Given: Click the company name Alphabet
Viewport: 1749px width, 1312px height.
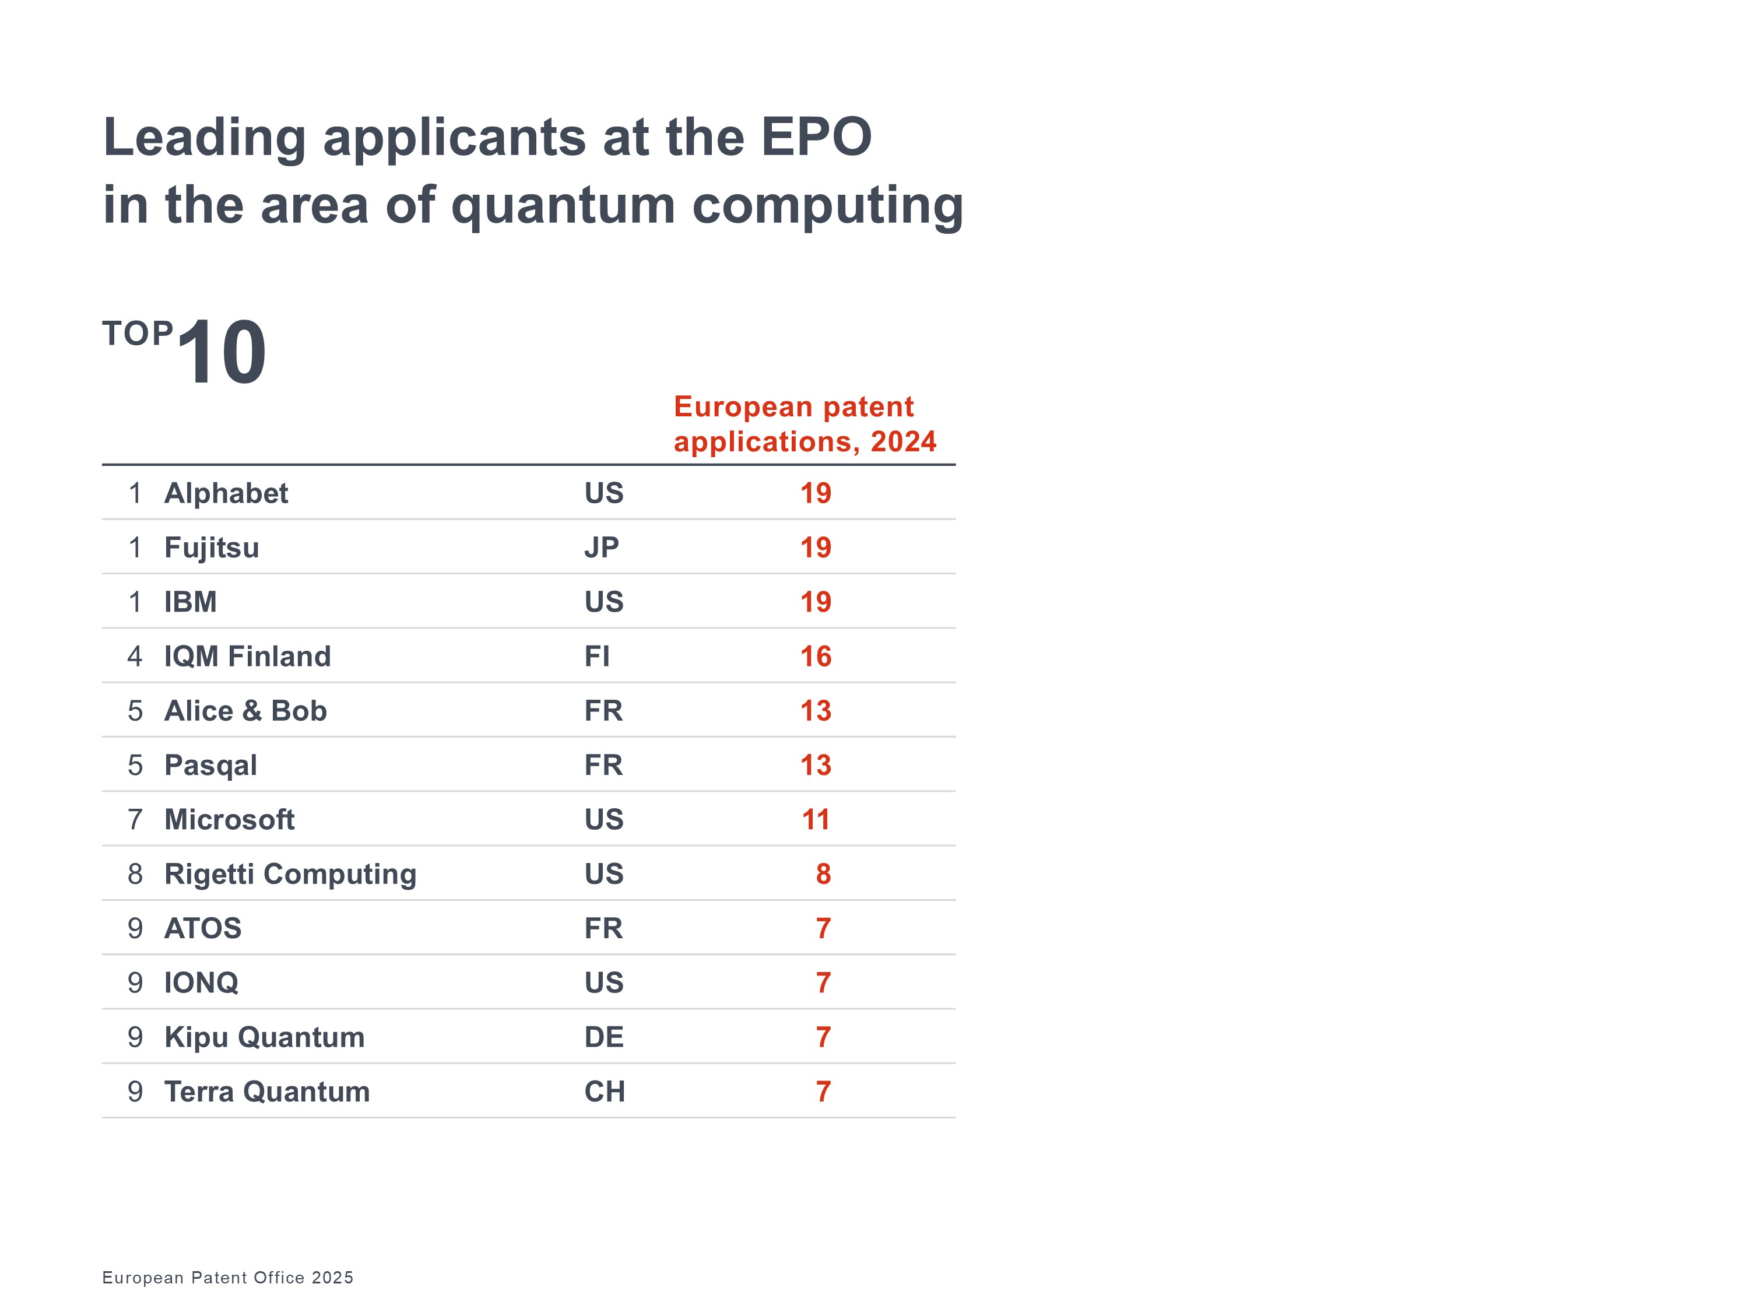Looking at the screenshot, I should tap(226, 493).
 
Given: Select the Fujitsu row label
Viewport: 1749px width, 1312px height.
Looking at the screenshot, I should tap(211, 548).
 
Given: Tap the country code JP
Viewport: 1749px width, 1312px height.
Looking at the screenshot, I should tap(601, 548).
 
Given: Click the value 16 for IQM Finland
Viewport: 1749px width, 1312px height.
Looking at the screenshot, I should tap(815, 657).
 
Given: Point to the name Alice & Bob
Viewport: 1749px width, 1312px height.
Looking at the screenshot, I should tap(245, 711).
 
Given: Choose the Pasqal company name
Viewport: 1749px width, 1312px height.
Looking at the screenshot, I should tap(210, 766).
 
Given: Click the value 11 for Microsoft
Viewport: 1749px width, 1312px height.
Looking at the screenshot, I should tap(815, 820).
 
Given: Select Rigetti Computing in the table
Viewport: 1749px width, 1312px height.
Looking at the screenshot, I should tap(290, 875).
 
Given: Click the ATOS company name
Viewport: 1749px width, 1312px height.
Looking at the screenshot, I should tap(202, 928).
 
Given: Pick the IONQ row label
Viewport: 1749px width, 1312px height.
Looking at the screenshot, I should tap(201, 983).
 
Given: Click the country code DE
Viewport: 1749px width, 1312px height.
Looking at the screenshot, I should tap(603, 1037).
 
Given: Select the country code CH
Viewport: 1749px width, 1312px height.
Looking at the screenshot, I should tap(604, 1092).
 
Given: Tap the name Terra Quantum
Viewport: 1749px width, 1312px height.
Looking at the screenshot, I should tap(266, 1092).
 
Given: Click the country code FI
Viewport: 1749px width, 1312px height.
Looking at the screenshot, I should tap(596, 657).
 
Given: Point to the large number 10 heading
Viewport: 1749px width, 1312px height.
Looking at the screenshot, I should tap(222, 353).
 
